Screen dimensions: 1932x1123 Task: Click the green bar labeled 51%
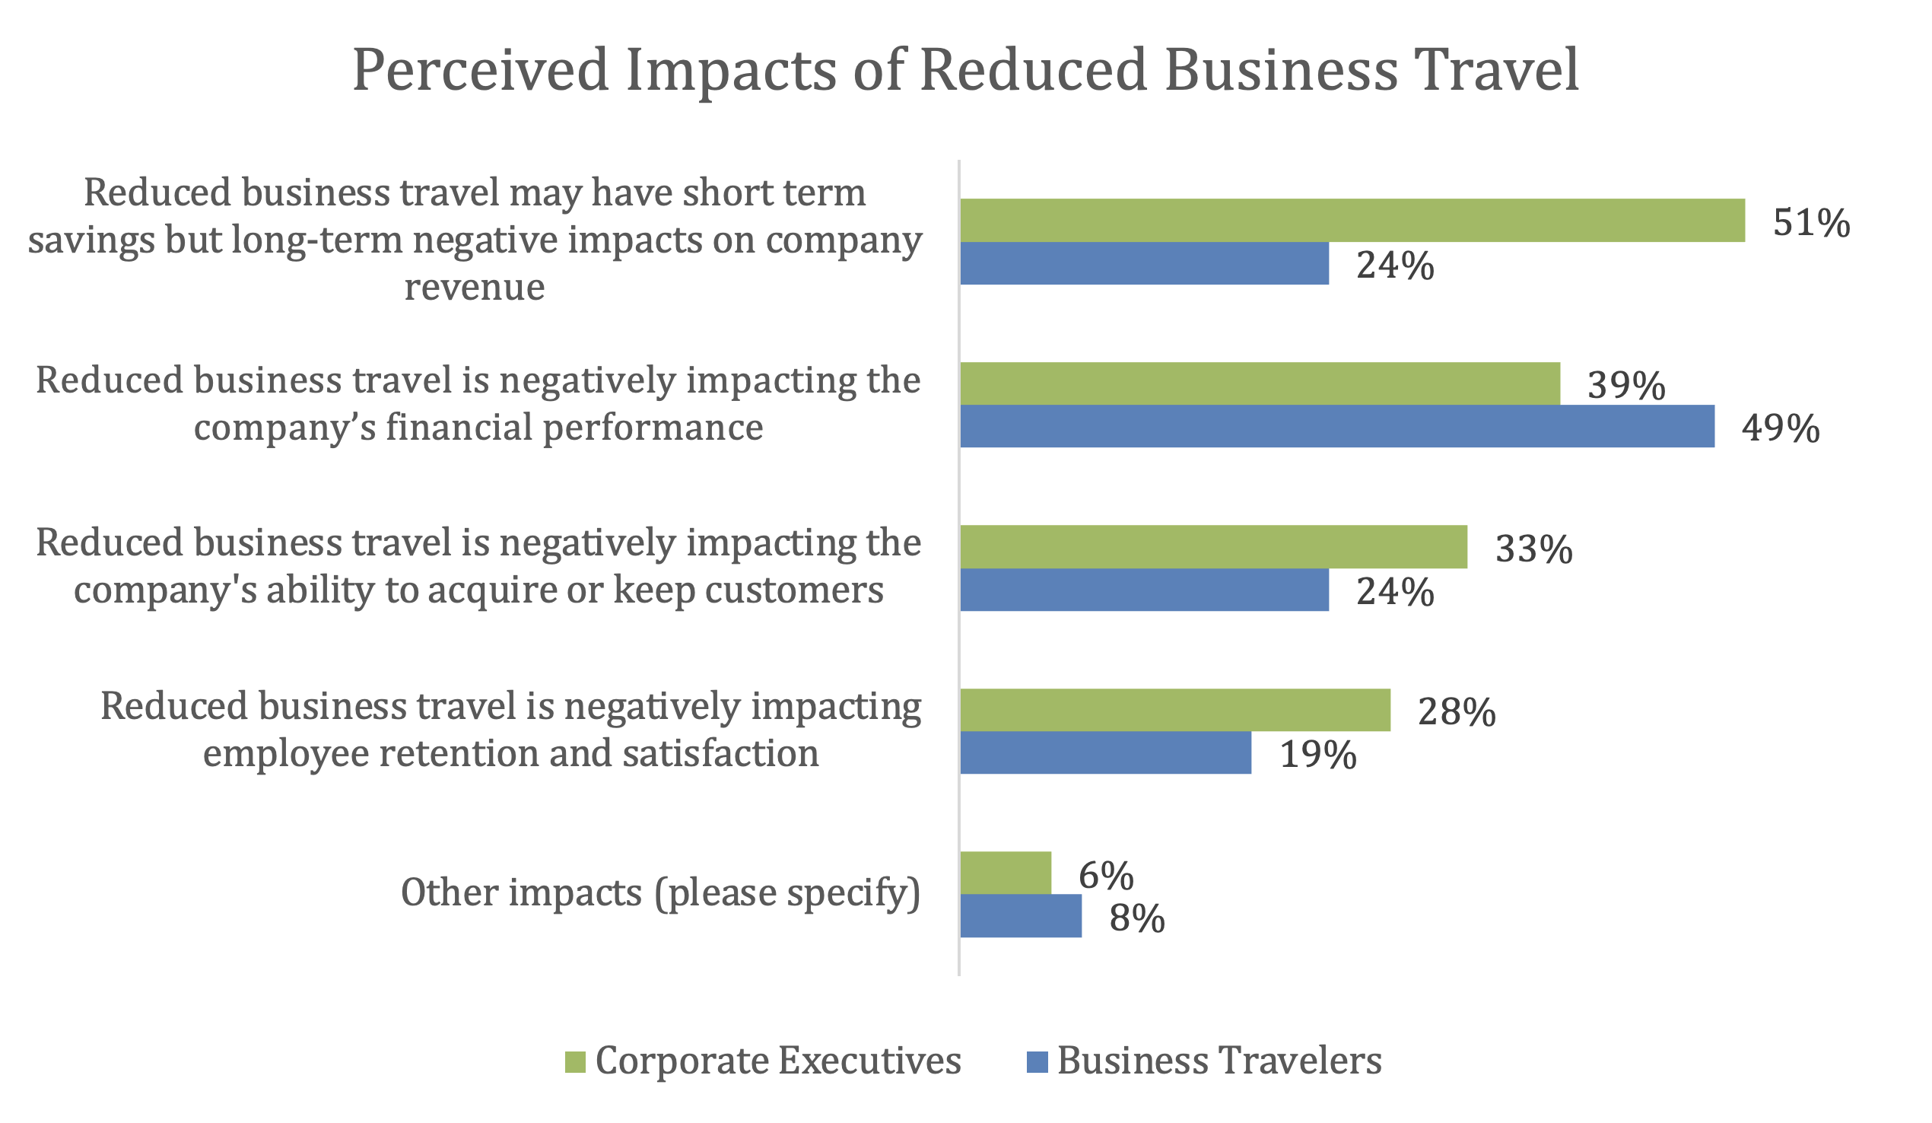click(x=1353, y=221)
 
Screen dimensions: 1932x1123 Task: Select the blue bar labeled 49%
click(x=1338, y=427)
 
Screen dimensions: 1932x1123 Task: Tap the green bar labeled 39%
click(x=1260, y=383)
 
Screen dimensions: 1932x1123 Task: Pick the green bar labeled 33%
click(x=1215, y=547)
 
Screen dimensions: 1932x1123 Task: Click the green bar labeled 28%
click(x=1176, y=711)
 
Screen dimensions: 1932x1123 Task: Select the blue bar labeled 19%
click(x=1106, y=752)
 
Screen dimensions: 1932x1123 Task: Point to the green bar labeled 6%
click(x=1006, y=873)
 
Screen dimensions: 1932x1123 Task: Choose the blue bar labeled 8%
click(x=1022, y=916)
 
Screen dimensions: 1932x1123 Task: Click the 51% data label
click(x=1812, y=223)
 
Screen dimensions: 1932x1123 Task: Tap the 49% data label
click(x=1781, y=429)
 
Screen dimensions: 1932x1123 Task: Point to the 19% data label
click(x=1319, y=756)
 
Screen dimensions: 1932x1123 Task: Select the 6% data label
click(x=1106, y=876)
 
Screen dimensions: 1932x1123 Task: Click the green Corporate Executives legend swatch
click(x=576, y=1062)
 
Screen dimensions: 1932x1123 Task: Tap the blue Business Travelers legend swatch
click(x=1037, y=1062)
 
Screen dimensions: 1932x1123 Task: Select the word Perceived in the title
click(x=481, y=71)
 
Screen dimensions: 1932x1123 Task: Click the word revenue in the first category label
click(x=475, y=288)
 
